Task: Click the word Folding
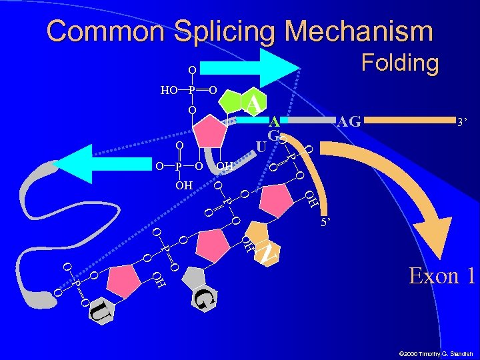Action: tap(399, 63)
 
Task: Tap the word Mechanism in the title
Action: tap(359, 31)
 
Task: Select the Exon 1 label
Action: tap(441, 275)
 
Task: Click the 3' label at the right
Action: tap(461, 123)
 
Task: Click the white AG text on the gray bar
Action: tap(349, 121)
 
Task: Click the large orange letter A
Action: tap(253, 103)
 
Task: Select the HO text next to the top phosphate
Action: tap(168, 89)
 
